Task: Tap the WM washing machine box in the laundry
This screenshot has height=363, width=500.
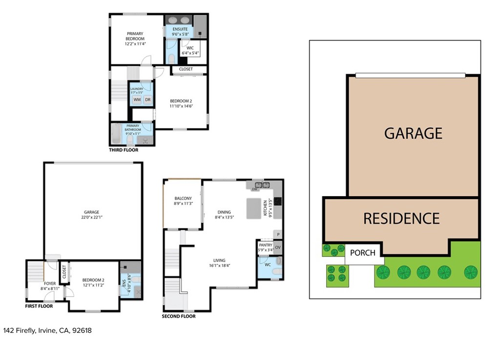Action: pyautogui.click(x=137, y=100)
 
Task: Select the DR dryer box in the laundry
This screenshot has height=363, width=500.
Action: pyautogui.click(x=147, y=100)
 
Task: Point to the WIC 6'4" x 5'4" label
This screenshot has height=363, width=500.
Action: pyautogui.click(x=190, y=50)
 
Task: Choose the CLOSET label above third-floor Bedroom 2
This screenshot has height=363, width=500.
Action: pyautogui.click(x=186, y=69)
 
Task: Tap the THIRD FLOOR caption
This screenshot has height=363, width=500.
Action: pyautogui.click(x=124, y=150)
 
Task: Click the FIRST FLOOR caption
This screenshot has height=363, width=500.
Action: pyautogui.click(x=39, y=306)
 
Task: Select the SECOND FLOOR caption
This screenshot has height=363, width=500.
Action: pyautogui.click(x=179, y=316)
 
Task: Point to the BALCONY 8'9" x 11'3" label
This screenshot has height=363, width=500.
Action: pyautogui.click(x=183, y=201)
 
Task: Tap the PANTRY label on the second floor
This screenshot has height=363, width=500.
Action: pyautogui.click(x=266, y=248)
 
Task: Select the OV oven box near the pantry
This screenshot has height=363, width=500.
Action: pyautogui.click(x=278, y=247)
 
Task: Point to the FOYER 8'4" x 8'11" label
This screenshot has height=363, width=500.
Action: pyautogui.click(x=50, y=286)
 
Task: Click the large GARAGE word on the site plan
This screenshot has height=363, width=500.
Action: pyautogui.click(x=413, y=133)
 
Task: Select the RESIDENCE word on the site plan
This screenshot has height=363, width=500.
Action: pyautogui.click(x=401, y=219)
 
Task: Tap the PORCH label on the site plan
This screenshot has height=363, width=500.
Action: pyautogui.click(x=363, y=253)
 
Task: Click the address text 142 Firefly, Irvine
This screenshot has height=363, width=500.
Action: pyautogui.click(x=47, y=330)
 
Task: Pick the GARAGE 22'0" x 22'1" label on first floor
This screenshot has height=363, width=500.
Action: pyautogui.click(x=91, y=215)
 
